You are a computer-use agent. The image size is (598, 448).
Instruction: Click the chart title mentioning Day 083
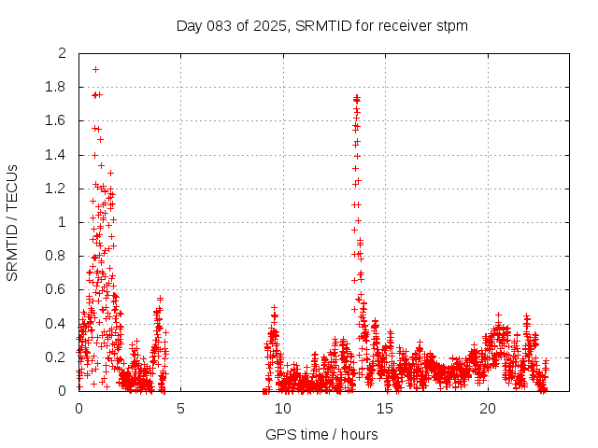pyautogui.click(x=321, y=25)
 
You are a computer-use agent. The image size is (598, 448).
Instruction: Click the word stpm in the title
pyautogui.click(x=452, y=25)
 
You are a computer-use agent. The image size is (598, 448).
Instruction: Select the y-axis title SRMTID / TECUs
pyautogui.click(x=13, y=222)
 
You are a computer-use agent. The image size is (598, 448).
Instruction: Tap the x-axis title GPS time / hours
pyautogui.click(x=321, y=434)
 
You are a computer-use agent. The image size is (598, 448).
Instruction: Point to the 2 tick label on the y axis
pyautogui.click(x=62, y=53)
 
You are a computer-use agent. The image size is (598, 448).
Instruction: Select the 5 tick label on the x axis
pyautogui.click(x=180, y=409)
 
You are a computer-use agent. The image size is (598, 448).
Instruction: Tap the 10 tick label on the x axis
pyautogui.click(x=283, y=409)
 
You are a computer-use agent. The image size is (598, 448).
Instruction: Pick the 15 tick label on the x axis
pyautogui.click(x=386, y=409)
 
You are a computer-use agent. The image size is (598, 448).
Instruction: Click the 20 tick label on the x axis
pyautogui.click(x=488, y=409)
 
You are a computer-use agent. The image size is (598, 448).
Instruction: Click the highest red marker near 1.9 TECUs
pyautogui.click(x=95, y=69)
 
